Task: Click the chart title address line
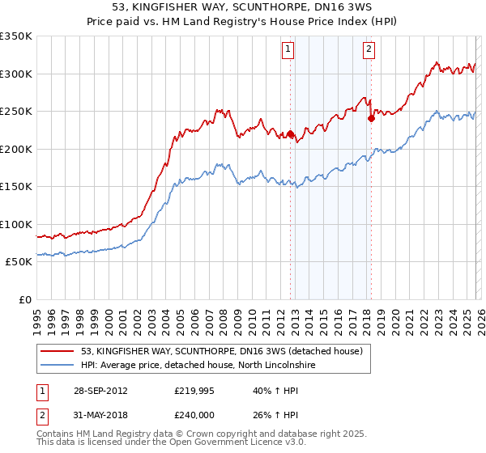243,7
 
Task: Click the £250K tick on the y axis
16,111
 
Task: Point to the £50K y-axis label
19,261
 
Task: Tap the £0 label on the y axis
24,299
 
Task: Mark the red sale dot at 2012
291,134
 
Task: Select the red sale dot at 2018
371,118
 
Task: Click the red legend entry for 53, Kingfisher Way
226,351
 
